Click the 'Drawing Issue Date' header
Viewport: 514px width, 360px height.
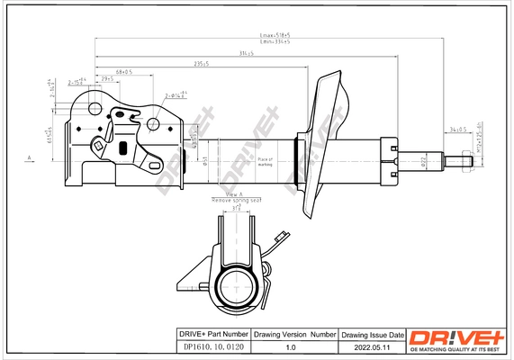point(371,334)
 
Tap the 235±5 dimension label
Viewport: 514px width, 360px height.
point(201,64)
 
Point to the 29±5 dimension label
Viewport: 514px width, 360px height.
point(107,79)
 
